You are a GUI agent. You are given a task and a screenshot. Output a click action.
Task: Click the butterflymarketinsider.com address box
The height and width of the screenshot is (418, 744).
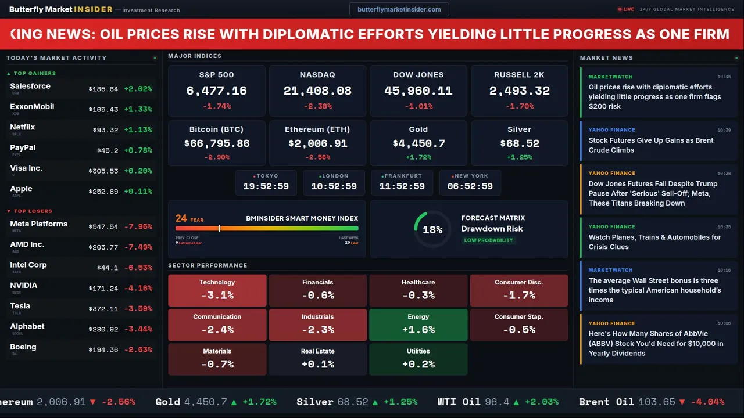399,9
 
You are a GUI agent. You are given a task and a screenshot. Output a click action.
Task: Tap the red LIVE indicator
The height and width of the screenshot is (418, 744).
626,9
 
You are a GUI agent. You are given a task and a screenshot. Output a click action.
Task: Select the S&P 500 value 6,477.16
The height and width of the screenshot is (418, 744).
216,91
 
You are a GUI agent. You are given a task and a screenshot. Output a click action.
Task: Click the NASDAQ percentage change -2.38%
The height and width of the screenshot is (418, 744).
317,106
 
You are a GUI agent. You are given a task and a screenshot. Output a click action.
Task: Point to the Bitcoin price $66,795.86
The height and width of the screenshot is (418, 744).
216,143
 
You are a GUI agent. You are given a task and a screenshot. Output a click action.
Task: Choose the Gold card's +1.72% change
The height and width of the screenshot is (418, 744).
418,157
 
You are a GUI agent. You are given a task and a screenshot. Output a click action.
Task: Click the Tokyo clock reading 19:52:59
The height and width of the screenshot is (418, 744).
266,186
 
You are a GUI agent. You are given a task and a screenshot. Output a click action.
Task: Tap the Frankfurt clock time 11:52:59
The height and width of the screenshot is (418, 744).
402,186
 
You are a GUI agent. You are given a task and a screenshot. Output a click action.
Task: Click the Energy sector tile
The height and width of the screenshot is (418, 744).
418,325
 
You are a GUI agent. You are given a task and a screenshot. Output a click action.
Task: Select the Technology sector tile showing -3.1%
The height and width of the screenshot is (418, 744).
217,290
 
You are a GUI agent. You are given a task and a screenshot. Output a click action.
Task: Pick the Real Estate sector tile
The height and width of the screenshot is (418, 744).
317,359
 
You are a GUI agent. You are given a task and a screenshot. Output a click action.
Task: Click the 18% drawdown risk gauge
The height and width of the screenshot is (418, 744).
432,229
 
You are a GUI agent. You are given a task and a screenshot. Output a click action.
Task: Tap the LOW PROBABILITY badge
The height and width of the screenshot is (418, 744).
488,240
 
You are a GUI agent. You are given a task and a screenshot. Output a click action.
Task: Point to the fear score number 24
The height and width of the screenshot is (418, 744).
181,218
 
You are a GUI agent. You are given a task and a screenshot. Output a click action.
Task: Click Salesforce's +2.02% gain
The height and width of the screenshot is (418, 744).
138,89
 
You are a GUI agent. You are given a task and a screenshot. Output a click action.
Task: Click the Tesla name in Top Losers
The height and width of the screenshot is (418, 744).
20,306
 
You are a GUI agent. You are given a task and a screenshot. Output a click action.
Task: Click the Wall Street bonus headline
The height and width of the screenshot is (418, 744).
654,290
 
